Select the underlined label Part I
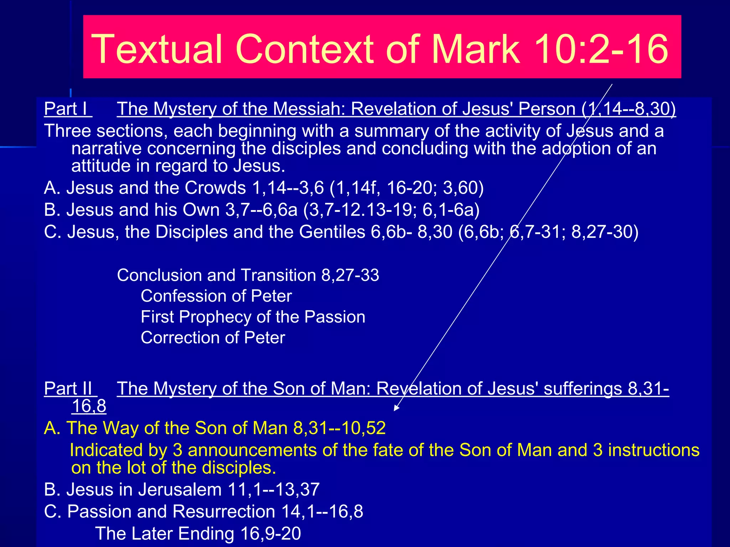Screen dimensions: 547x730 [67, 109]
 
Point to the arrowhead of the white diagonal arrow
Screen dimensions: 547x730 [396, 409]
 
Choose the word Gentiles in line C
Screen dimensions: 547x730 [332, 232]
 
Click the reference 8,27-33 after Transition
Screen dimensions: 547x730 [350, 275]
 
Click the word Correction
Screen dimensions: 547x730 [189, 338]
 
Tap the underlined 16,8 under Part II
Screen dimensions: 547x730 [89, 406]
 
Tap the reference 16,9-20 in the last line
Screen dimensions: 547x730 [271, 533]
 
